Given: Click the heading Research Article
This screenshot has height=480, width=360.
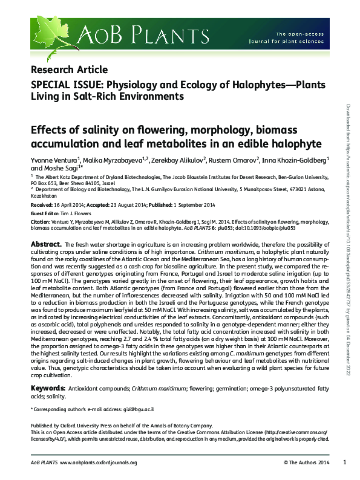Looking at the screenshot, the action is coord(69,70).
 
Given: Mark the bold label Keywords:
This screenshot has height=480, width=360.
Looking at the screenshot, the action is coord(49,386).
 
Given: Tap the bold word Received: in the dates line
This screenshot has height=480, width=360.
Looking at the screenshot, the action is coord(42,206).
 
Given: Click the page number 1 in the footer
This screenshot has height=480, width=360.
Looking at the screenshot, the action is coord(344,462).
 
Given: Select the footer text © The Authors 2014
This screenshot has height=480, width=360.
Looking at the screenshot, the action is coord(306,463).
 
